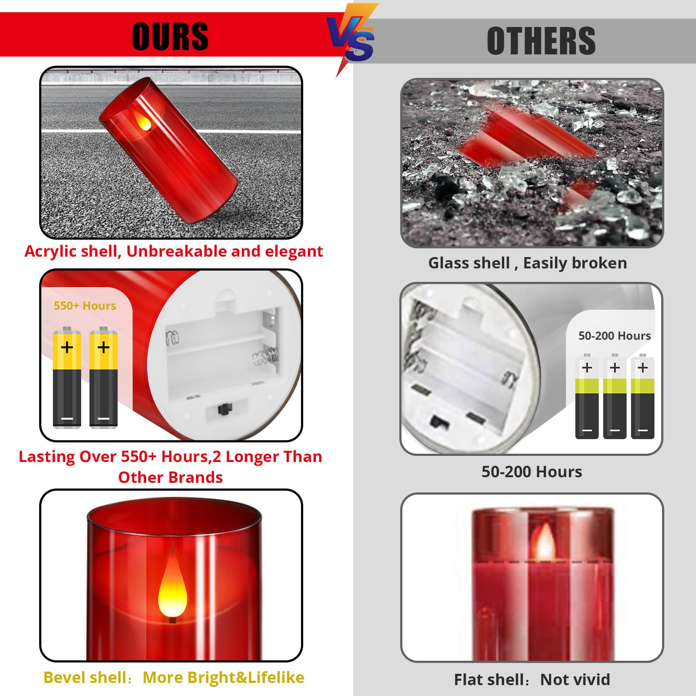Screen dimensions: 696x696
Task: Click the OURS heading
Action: tap(170, 37)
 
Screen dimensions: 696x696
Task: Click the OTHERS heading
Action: tap(541, 41)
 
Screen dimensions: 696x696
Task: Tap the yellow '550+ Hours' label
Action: tap(85, 306)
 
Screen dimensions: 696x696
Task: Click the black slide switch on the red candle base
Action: tap(225, 409)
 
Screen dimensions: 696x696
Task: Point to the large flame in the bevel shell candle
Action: tap(172, 587)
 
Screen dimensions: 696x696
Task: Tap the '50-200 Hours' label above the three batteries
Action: tap(614, 336)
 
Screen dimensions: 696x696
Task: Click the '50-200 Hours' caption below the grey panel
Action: tap(532, 472)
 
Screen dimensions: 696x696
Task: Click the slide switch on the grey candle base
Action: tap(438, 422)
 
